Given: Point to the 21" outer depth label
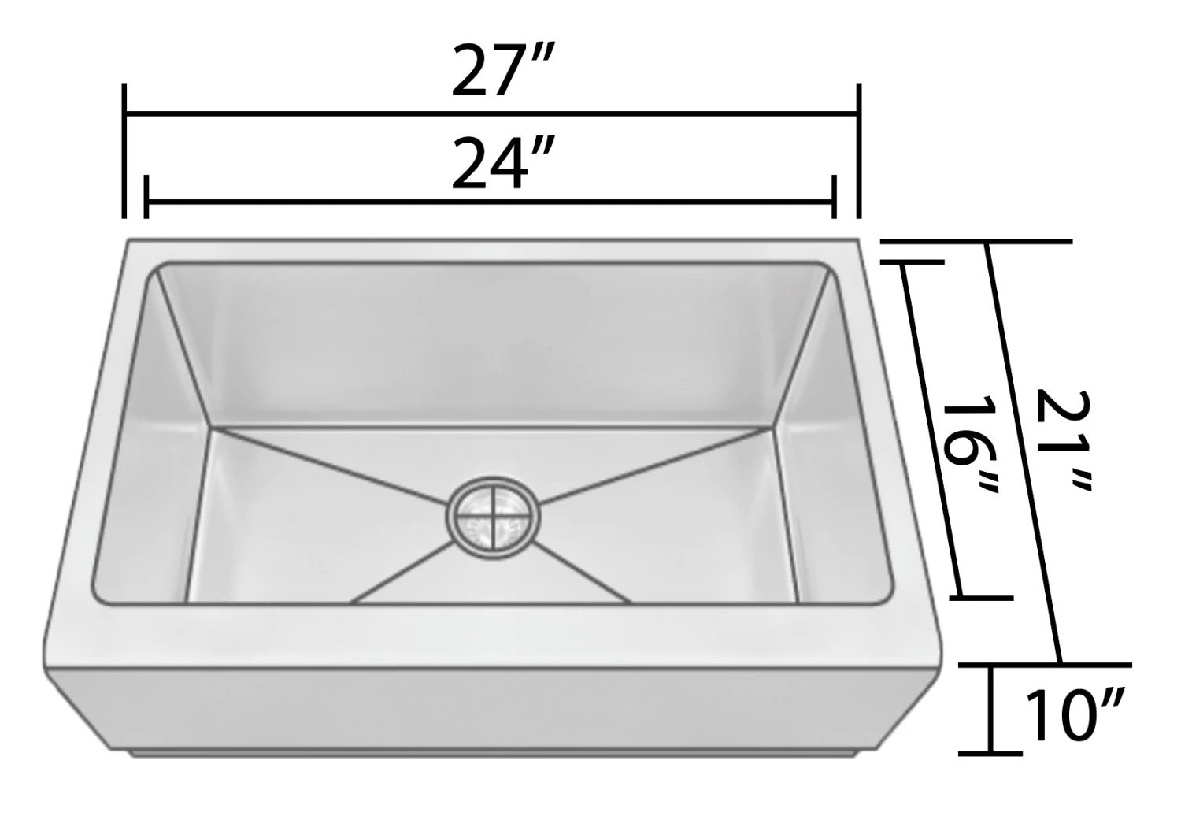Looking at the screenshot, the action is click(x=1060, y=440).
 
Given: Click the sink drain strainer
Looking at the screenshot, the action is click(x=494, y=518).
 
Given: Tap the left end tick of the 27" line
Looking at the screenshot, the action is click(x=124, y=151).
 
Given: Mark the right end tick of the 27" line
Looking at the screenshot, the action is click(x=859, y=151).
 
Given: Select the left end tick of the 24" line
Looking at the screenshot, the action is click(x=146, y=197).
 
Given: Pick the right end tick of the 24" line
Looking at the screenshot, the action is click(x=834, y=197).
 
